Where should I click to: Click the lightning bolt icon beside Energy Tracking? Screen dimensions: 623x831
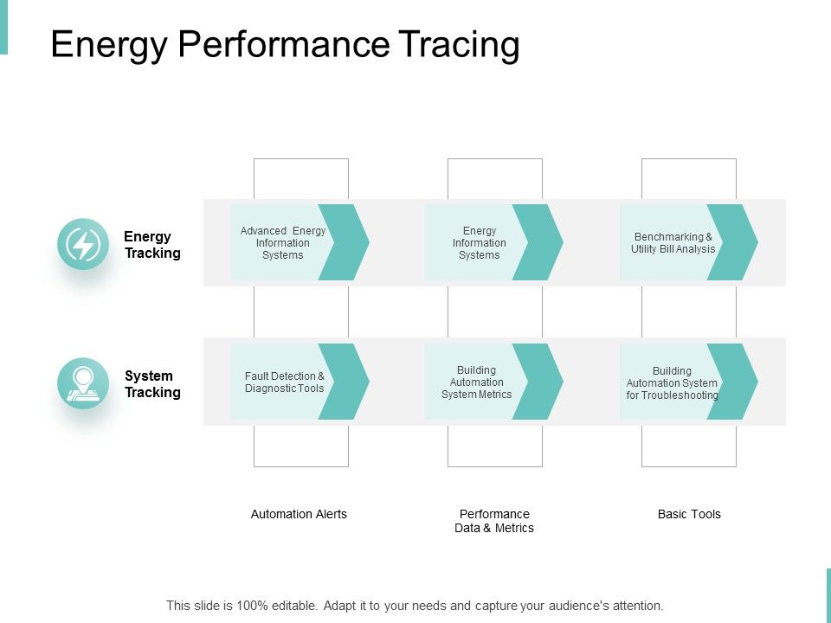(x=83, y=244)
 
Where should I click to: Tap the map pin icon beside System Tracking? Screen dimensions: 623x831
(x=83, y=383)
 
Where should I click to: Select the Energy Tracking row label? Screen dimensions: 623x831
(x=152, y=245)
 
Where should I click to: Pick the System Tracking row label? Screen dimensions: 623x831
(x=152, y=384)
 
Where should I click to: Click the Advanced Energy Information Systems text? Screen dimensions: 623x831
(x=282, y=243)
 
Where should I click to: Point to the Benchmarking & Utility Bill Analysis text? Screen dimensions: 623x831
(x=673, y=243)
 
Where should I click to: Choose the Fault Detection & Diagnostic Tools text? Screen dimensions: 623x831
(x=284, y=382)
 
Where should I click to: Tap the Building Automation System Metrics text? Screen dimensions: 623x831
(x=476, y=382)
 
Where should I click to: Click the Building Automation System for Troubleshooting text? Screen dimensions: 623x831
(x=672, y=382)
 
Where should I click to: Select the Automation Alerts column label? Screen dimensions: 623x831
(x=299, y=514)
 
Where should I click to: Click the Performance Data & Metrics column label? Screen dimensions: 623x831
(x=494, y=521)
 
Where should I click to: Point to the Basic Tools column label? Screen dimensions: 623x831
(x=689, y=514)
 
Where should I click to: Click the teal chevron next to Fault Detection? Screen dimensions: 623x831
(x=346, y=382)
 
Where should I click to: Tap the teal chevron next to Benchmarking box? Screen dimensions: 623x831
(x=735, y=242)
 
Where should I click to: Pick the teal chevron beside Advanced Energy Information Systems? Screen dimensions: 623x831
(x=346, y=242)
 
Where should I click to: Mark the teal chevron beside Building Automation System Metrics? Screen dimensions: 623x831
(x=540, y=382)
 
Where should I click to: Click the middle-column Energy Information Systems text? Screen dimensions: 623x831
(x=479, y=243)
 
